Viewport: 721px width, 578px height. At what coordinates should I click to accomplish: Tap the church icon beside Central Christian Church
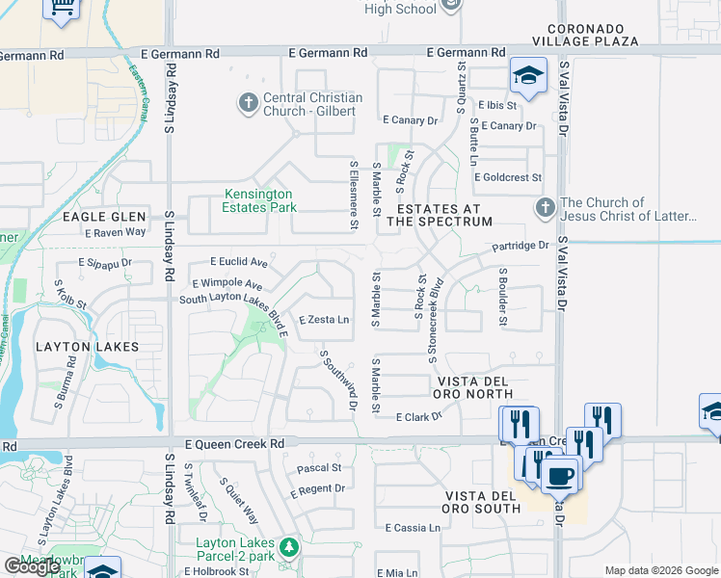pyautogui.click(x=248, y=102)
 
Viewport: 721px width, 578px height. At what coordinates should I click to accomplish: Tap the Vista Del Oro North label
pyautogui.click(x=485, y=387)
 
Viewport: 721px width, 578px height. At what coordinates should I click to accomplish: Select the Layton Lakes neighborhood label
pyautogui.click(x=88, y=346)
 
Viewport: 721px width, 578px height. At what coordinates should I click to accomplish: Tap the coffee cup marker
pyautogui.click(x=559, y=475)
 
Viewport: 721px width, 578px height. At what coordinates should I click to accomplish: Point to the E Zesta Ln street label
pyautogui.click(x=324, y=320)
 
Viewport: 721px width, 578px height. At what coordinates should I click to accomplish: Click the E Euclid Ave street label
pyautogui.click(x=239, y=262)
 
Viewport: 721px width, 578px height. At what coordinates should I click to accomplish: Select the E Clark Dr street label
pyautogui.click(x=418, y=416)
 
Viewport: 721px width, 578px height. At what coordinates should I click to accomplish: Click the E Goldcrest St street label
pyautogui.click(x=508, y=177)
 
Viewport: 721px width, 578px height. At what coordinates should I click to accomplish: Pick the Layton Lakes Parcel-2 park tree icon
pyautogui.click(x=286, y=547)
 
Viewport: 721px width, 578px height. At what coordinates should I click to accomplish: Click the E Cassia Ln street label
pyautogui.click(x=413, y=528)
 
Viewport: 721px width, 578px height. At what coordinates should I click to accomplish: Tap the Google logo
pyautogui.click(x=31, y=566)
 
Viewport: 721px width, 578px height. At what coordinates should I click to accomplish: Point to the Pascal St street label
pyautogui.click(x=320, y=468)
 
